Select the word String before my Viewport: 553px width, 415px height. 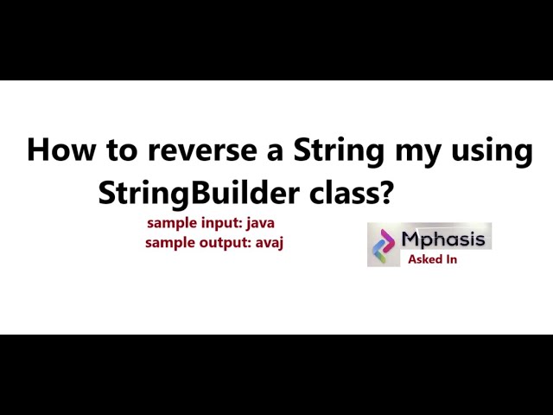tap(339, 150)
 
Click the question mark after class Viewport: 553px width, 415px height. tap(385, 191)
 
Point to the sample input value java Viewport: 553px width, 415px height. tap(259, 223)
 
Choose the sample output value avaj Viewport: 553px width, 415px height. tap(269, 243)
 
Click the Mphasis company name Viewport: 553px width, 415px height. tap(444, 238)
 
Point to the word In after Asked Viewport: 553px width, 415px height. tap(449, 259)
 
